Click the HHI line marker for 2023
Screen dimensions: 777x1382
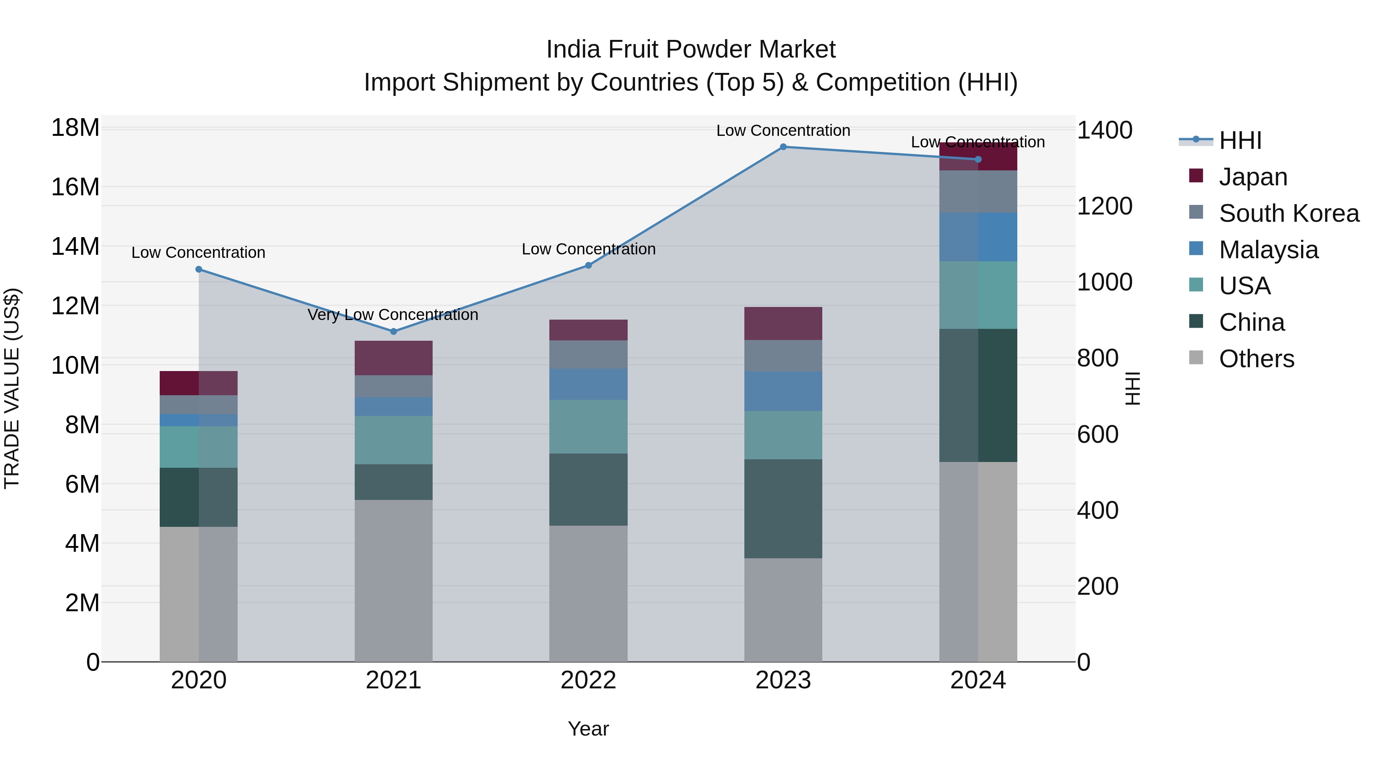[x=783, y=147]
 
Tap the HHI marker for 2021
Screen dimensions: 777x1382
[x=393, y=332]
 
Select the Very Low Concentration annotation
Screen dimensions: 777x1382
[x=393, y=315]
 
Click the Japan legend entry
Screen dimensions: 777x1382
[x=1253, y=177]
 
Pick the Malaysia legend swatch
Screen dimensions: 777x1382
[x=1196, y=249]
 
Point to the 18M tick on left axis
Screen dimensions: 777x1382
[x=75, y=128]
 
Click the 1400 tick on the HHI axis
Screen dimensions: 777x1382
[x=1104, y=130]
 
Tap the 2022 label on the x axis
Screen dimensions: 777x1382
[x=588, y=680]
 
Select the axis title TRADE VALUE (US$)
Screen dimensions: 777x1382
[x=12, y=389]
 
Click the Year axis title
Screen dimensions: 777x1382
[x=588, y=729]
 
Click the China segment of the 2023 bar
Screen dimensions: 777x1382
[x=783, y=508]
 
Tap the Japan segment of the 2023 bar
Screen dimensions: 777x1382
[x=783, y=323]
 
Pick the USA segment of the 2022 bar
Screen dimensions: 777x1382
[x=588, y=426]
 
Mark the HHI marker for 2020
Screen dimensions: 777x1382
[x=198, y=269]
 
